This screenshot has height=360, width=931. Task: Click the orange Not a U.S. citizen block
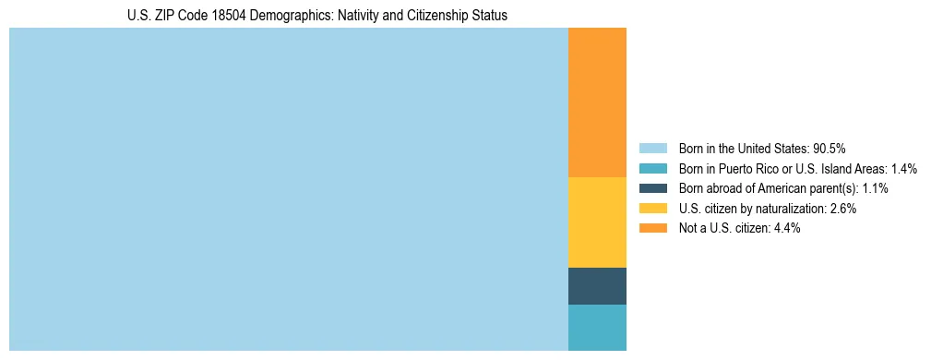597,102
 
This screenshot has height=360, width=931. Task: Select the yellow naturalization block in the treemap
597,222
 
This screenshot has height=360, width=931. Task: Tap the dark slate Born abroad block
597,285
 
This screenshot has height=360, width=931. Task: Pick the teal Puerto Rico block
597,327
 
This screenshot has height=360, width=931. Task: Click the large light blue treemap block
288,189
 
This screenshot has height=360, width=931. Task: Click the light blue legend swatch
652,148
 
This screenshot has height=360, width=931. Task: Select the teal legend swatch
652,168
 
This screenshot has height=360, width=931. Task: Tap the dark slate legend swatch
652,188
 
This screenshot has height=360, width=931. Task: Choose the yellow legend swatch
652,209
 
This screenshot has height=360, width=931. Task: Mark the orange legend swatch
652,228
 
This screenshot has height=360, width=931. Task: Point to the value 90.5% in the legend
830,148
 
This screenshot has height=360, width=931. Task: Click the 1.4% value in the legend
904,168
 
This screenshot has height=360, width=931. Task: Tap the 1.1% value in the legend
876,188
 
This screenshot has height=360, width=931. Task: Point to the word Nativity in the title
340,16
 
